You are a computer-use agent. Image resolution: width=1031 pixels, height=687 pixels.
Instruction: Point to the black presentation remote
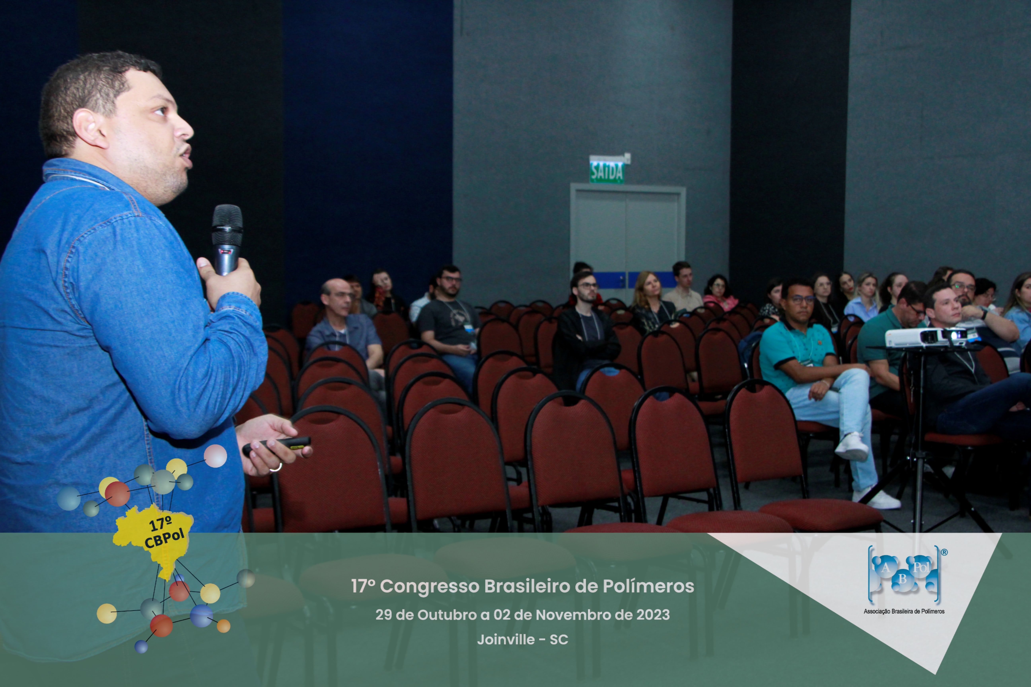pos(277,446)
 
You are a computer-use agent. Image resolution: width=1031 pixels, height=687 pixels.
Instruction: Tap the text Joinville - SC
pos(522,640)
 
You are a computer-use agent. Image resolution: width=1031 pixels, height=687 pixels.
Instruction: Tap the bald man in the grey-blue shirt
pos(344,324)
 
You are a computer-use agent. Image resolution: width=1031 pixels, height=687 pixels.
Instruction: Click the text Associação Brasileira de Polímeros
pos(904,611)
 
